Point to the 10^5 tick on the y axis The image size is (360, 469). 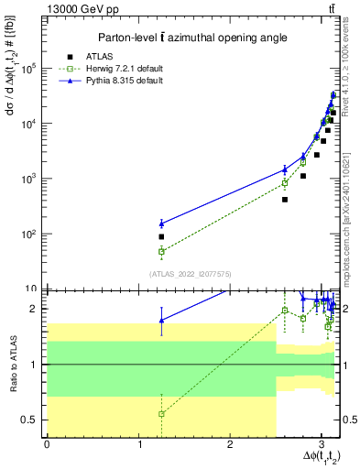30,69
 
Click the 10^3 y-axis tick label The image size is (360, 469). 30,179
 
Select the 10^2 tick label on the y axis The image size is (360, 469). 30,234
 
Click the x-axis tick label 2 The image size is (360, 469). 229,444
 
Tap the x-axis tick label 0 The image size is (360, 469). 47,444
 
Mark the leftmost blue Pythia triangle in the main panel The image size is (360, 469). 161,224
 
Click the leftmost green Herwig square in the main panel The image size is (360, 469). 161,251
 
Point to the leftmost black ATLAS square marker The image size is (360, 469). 161,236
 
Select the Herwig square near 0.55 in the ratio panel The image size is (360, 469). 161,414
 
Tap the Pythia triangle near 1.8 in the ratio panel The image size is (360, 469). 161,320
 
